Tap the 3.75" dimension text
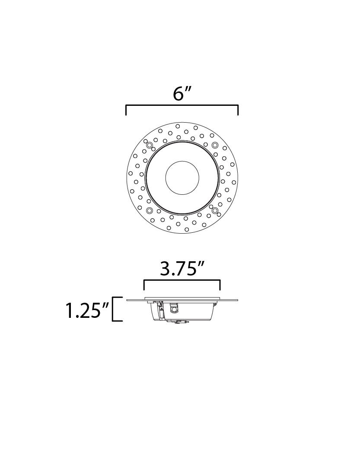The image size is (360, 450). click(x=182, y=269)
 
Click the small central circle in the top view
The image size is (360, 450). click(x=182, y=177)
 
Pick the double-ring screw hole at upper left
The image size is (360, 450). click(x=149, y=145)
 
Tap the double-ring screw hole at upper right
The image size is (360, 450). click(x=215, y=145)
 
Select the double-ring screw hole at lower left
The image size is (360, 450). click(x=149, y=211)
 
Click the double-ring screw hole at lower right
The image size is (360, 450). click(x=215, y=211)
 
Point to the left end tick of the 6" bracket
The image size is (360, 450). click(x=126, y=110)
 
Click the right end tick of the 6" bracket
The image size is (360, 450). click(x=238, y=110)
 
